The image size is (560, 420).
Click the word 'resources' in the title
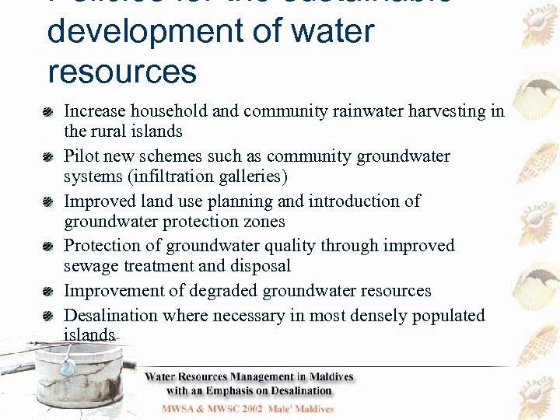pos(122,71)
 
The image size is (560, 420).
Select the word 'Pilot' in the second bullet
pos(81,156)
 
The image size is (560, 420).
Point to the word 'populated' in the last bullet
pos(447,316)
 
